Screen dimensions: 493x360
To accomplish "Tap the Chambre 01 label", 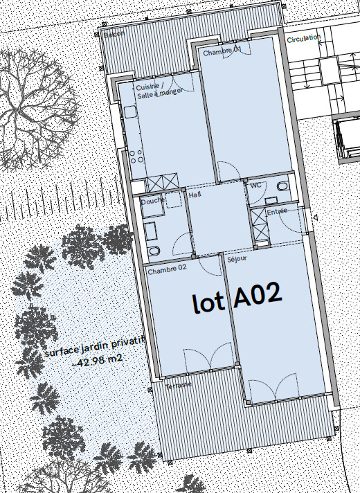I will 222,52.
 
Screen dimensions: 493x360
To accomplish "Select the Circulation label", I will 304,39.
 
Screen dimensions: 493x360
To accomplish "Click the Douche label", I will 152,201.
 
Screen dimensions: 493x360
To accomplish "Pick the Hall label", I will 195,195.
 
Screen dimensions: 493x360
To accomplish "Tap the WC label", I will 255,186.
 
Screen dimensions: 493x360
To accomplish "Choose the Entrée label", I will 276,211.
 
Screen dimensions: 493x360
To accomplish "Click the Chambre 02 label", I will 167,267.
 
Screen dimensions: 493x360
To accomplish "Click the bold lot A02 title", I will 237,298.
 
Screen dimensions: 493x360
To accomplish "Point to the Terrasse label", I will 179,385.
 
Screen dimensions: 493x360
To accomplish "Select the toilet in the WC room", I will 282,187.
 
